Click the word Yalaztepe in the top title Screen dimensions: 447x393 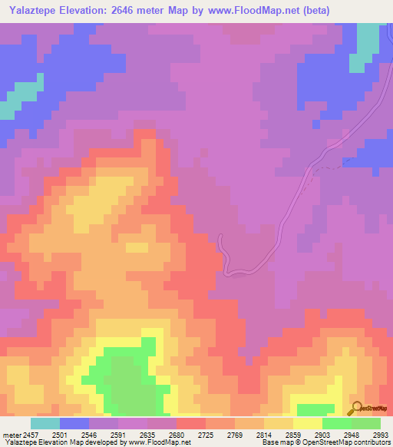pos(31,10)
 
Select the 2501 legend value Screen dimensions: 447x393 pos(74,435)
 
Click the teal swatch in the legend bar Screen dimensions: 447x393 pos(45,423)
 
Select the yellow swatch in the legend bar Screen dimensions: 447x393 pos(307,423)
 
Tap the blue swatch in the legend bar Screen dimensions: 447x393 pos(74,423)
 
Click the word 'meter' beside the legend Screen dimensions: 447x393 pos(11,435)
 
